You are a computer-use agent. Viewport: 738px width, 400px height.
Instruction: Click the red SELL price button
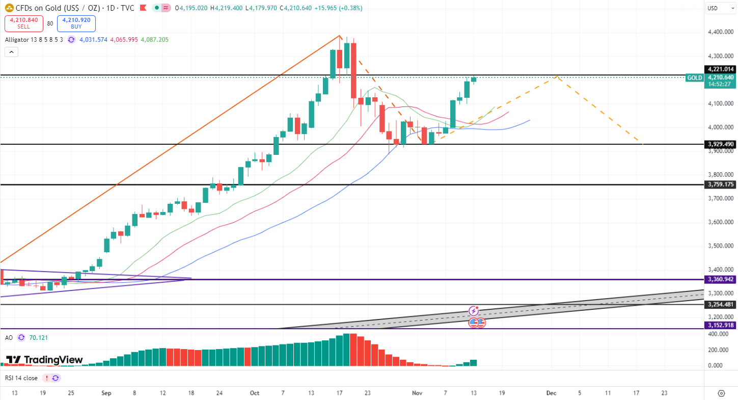pyautogui.click(x=23, y=23)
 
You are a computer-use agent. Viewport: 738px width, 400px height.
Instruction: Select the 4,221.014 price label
pyautogui.click(x=720, y=69)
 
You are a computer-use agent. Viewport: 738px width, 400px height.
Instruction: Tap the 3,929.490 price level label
pyautogui.click(x=720, y=144)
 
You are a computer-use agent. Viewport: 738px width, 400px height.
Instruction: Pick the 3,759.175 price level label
pyautogui.click(x=720, y=184)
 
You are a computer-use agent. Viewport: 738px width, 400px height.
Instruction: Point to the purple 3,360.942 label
pyautogui.click(x=720, y=279)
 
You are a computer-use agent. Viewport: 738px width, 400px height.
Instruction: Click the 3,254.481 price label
pyautogui.click(x=720, y=305)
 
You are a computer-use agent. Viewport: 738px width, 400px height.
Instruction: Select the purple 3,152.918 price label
pyautogui.click(x=720, y=325)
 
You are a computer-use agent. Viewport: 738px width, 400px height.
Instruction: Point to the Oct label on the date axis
pyautogui.click(x=255, y=393)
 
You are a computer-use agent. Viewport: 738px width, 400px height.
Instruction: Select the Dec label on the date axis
pyautogui.click(x=551, y=393)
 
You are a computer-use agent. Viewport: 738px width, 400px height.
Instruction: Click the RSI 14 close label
pyautogui.click(x=21, y=378)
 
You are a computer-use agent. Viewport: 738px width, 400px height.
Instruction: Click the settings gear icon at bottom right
pyautogui.click(x=721, y=393)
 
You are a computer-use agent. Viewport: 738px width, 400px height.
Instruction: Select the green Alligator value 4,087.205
pyautogui.click(x=154, y=40)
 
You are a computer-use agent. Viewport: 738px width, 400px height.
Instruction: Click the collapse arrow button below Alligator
pyautogui.click(x=11, y=51)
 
